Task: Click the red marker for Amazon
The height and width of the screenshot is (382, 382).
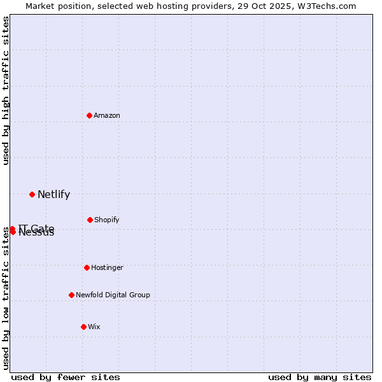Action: pos(89,115)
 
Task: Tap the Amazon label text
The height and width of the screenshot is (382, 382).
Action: pos(107,115)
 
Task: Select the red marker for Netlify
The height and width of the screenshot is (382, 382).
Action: pos(32,194)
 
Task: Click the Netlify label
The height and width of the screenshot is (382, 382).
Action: pos(53,195)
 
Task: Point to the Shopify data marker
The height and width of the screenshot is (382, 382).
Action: pos(90,220)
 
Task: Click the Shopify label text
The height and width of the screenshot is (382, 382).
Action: pos(106,220)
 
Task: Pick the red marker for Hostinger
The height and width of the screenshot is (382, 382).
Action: pos(87,267)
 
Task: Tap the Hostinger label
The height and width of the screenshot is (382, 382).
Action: pos(107,267)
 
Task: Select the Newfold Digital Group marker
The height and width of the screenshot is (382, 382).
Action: pos(71,295)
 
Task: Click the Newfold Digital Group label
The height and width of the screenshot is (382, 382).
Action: pos(113,295)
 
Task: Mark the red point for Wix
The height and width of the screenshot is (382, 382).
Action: pos(83,327)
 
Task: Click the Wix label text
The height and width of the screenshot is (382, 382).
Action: pos(94,327)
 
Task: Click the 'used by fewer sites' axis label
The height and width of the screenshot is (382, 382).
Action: pos(66,377)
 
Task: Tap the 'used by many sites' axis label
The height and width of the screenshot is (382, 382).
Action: pos(320,377)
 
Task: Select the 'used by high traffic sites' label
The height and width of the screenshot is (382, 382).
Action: pos(6,90)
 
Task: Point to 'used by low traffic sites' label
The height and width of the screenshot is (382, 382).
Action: pos(6,298)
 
